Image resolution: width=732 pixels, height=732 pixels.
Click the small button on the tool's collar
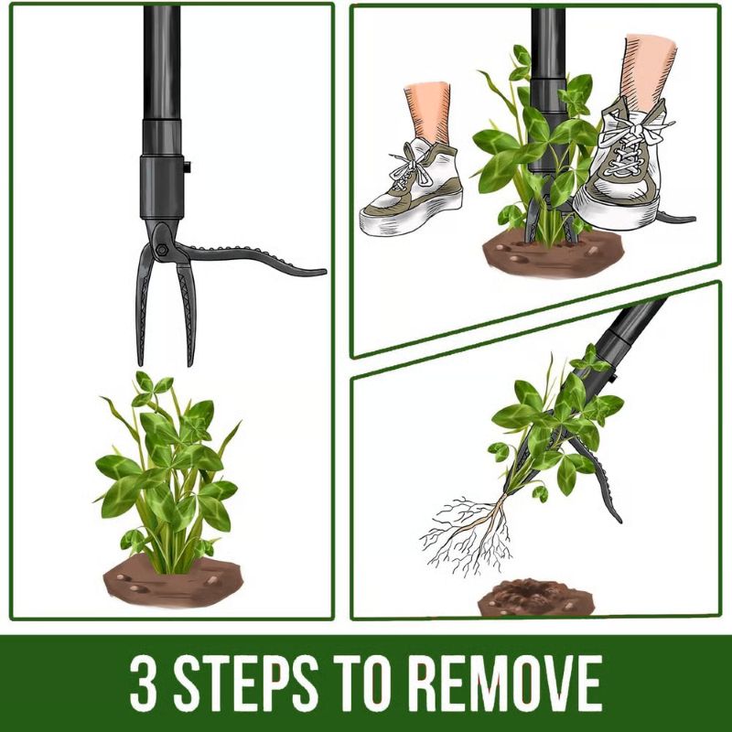186,168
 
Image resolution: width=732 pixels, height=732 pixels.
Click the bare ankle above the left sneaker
428,110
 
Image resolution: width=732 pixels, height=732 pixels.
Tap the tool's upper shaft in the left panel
161,64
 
